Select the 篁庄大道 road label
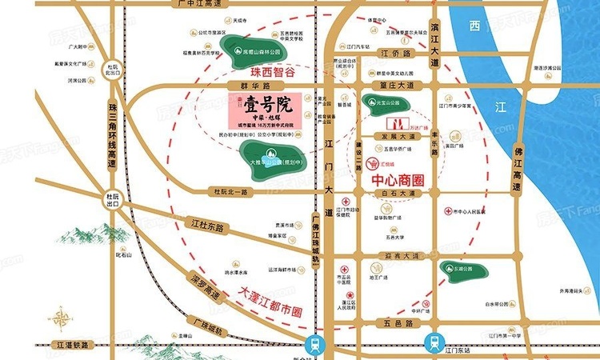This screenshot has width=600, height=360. (397, 84)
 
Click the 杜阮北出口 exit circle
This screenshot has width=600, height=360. (114, 67)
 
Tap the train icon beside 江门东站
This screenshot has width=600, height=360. (434, 342)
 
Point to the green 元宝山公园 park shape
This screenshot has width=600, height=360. (380, 102)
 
